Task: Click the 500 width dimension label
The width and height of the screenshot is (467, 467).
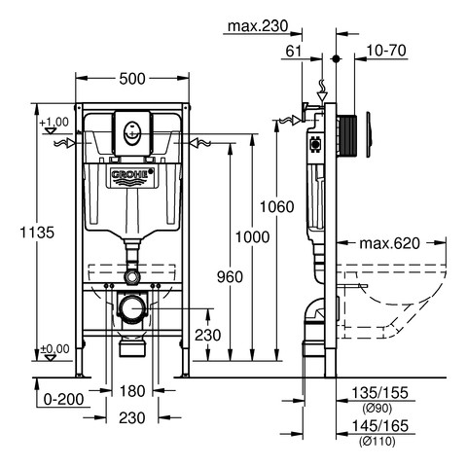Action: pos(132,79)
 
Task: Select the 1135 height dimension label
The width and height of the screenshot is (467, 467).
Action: pos(37,233)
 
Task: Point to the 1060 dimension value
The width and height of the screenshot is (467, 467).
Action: pos(277,206)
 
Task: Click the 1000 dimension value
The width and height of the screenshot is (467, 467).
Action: pos(252,237)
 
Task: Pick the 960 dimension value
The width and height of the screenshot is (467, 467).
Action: pos(230,277)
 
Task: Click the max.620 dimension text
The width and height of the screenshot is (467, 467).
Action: pos(390,243)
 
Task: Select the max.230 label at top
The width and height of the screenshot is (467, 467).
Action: pos(258,26)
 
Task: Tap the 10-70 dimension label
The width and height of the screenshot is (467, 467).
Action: pos(386,51)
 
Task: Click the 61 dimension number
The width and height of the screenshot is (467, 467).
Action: pos(294,52)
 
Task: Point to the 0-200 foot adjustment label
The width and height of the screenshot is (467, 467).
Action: pos(63,399)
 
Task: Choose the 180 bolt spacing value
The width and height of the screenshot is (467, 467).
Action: pos(132,391)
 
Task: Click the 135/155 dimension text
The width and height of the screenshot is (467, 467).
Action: pos(380,393)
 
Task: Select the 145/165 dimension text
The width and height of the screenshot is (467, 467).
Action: pos(380,426)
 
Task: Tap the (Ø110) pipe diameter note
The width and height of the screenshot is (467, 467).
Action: pos(377,442)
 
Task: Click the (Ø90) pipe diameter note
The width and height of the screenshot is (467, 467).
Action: pos(377,409)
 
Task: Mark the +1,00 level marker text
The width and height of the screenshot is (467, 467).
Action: pos(54,123)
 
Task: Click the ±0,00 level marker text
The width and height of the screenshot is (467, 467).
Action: pos(54,349)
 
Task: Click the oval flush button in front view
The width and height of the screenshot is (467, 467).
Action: pos(132,133)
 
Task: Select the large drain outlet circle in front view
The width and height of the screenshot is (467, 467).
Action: pos(132,308)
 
